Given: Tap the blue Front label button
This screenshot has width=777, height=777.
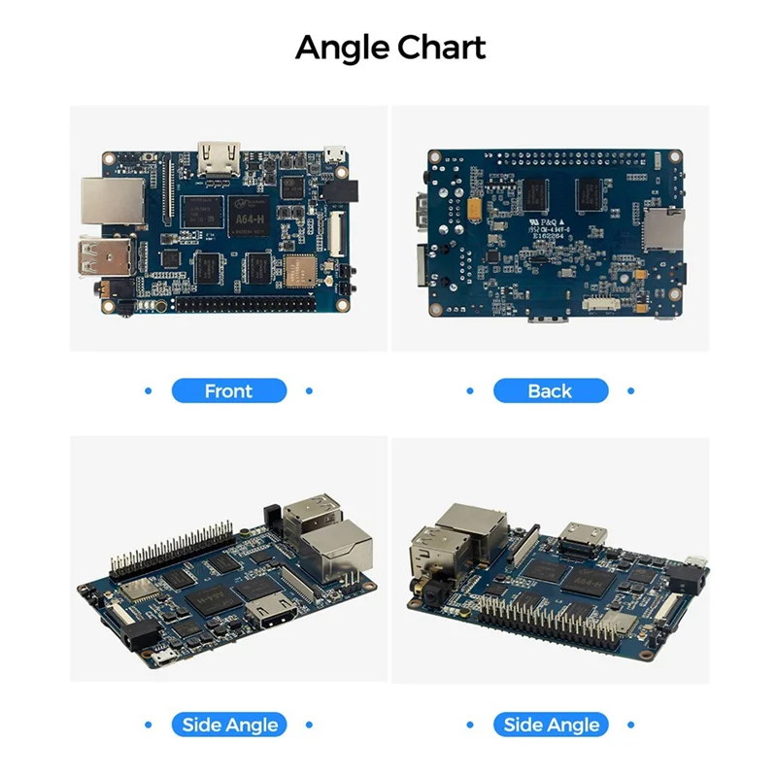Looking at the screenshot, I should [229, 391].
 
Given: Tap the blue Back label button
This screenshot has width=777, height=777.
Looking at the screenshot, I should [550, 391].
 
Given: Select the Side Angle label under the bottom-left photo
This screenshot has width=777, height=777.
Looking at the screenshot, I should [229, 725].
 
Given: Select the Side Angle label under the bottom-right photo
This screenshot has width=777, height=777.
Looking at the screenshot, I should [551, 725].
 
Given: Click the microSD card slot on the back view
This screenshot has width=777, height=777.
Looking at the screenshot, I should [663, 231].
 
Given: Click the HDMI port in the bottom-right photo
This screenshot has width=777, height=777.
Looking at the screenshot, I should [583, 536].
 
